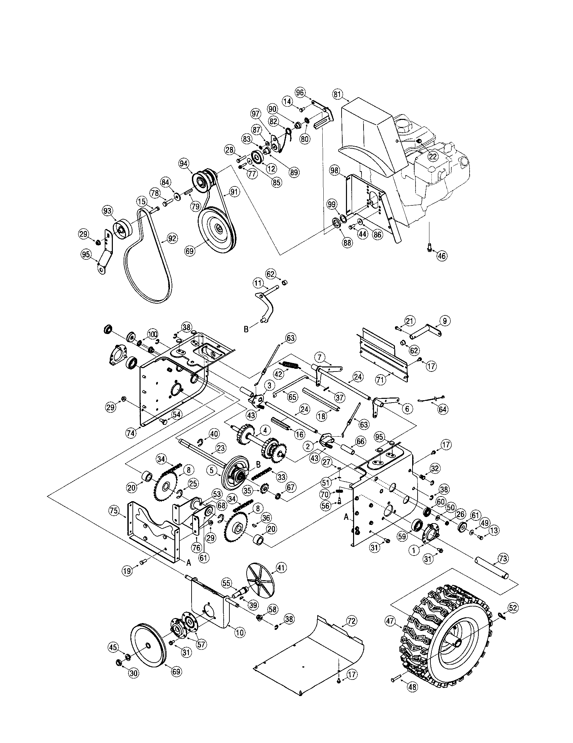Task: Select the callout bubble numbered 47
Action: click(390, 621)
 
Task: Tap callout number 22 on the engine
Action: click(432, 156)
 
